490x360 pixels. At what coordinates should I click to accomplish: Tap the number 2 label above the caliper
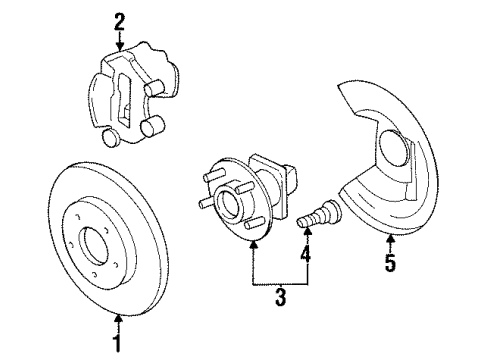coord(119,18)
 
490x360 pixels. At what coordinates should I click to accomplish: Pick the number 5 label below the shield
coord(390,264)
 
